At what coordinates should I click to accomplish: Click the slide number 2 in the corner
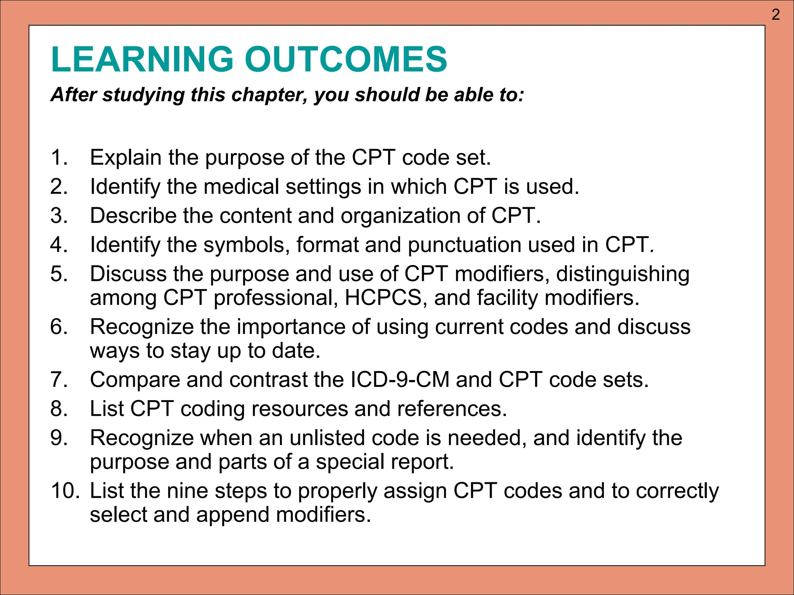coord(775,15)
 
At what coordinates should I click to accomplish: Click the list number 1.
coord(59,158)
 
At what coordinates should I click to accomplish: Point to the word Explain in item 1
coord(126,158)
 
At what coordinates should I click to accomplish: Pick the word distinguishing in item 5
coord(623,274)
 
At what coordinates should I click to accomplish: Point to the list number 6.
coord(59,327)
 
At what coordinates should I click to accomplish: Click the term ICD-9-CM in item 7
coord(400,380)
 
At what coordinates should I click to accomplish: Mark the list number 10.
coord(64,491)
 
